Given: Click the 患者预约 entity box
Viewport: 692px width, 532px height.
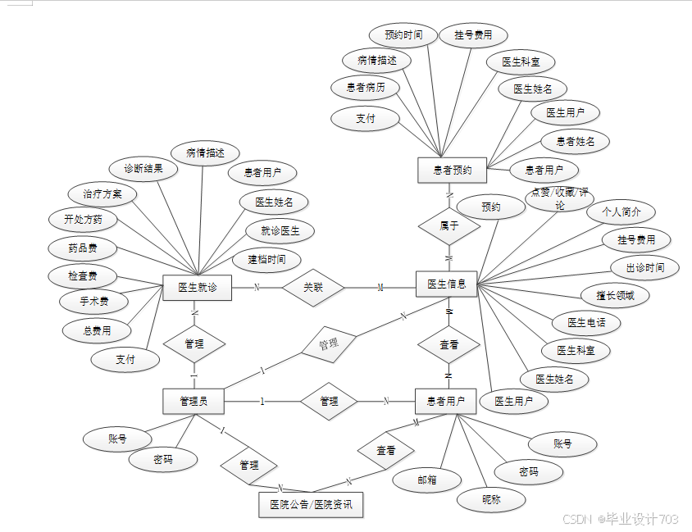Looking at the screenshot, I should [x=452, y=171].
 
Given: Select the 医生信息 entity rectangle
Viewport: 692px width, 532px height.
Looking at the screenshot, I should [x=447, y=284].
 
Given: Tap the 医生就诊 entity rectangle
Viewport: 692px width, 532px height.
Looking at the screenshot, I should [x=197, y=288].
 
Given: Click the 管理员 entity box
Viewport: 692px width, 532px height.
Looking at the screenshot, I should [x=193, y=401].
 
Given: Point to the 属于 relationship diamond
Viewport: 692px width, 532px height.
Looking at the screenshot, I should [x=448, y=225].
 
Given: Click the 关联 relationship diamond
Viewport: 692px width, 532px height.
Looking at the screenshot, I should [x=313, y=288].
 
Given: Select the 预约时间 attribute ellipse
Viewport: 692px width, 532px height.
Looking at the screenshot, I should [x=403, y=35].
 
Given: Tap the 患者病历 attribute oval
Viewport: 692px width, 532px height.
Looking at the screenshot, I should [x=365, y=87].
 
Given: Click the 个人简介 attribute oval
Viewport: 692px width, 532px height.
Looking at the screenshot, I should [x=621, y=211].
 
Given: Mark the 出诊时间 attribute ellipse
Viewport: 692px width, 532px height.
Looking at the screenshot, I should [x=645, y=267].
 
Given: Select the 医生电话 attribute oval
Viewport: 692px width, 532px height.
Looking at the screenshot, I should [x=586, y=323].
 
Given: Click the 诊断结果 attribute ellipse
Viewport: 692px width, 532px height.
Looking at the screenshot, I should [x=143, y=169].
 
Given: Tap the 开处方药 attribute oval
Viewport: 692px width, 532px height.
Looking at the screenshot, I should [x=83, y=220].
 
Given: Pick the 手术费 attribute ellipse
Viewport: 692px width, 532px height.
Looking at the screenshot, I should [x=94, y=301].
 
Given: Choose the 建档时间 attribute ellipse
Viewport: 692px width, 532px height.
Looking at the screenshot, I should [x=266, y=261].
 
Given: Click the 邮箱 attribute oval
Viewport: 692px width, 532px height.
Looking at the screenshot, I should [x=426, y=480].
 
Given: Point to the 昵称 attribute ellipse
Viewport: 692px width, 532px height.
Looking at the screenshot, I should [x=491, y=499].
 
